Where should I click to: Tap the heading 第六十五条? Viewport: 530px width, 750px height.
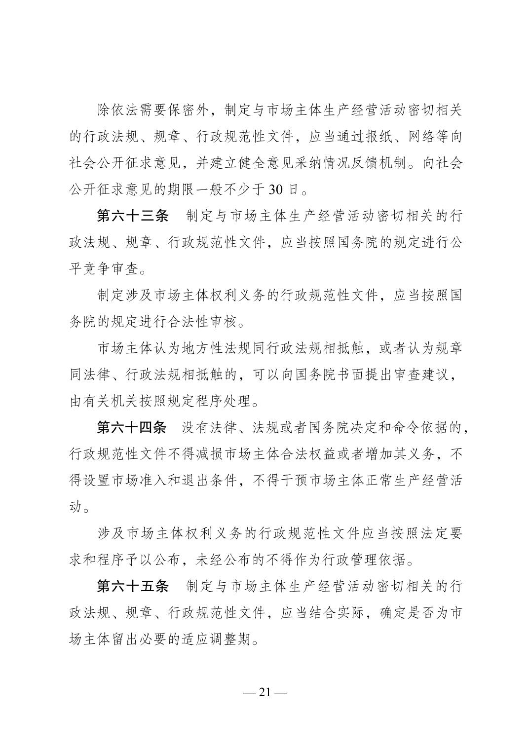[133, 586]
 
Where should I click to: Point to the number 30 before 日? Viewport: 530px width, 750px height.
[275, 189]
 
